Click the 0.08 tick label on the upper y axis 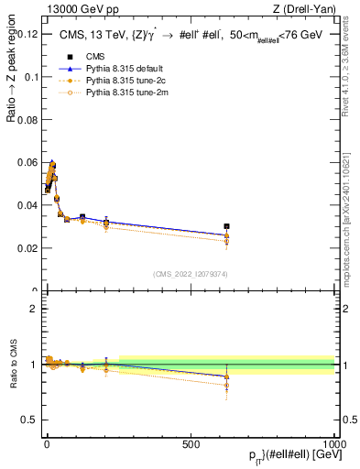click(27, 120)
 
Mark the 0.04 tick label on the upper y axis click(27, 206)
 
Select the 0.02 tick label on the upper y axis click(27, 248)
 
